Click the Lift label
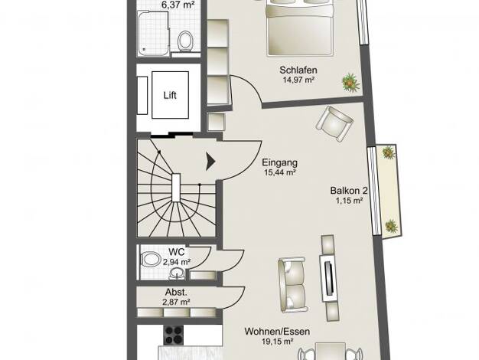[170, 95]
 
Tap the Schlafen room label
[298, 70]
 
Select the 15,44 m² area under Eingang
[280, 172]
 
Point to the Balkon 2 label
[349, 191]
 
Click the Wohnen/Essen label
[277, 331]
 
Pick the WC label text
[177, 252]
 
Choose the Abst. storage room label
[176, 292]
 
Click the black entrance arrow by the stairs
[210, 161]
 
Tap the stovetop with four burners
[174, 335]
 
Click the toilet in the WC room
[150, 259]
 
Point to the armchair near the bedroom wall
[334, 123]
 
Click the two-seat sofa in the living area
[292, 283]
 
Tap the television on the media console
[328, 278]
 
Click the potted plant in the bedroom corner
[350, 83]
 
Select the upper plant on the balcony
[388, 152]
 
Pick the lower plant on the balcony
[391, 226]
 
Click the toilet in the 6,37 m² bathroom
[185, 41]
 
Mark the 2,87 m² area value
[176, 303]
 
